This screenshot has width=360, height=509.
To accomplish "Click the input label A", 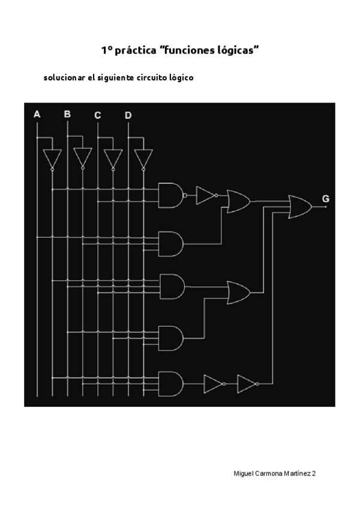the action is click(x=37, y=114).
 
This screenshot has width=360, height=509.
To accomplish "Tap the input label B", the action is click(x=67, y=114).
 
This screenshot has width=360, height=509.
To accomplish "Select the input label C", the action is click(x=98, y=115).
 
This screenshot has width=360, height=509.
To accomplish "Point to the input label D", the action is click(x=128, y=115).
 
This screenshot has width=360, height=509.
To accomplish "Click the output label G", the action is click(x=325, y=199).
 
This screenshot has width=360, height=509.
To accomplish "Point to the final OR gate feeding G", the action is click(x=300, y=206).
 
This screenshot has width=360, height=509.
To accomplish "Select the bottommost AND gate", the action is click(x=170, y=383).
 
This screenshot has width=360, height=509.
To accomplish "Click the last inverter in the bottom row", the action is click(x=247, y=384).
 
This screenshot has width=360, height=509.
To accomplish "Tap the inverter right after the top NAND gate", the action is click(x=206, y=195).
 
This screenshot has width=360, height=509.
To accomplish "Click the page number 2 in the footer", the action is click(x=314, y=474).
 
